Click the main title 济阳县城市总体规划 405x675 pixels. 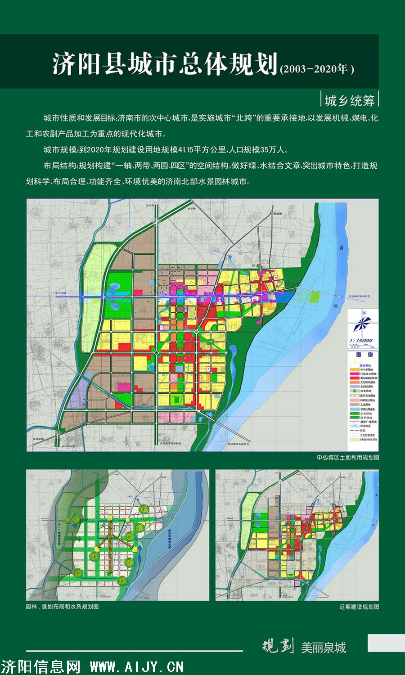[165, 64]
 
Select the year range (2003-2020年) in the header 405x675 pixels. [317, 69]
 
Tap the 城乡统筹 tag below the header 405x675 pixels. [350, 101]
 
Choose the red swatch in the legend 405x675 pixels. [353, 378]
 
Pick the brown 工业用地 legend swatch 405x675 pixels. [353, 405]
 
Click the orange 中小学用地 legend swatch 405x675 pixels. [353, 369]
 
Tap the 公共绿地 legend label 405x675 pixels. [366, 414]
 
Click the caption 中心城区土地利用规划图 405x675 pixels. [347, 457]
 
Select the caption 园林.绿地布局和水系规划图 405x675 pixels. [62, 607]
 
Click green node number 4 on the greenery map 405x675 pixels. [122, 581]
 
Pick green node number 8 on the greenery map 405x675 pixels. [144, 509]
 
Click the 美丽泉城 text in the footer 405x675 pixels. [324, 648]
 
